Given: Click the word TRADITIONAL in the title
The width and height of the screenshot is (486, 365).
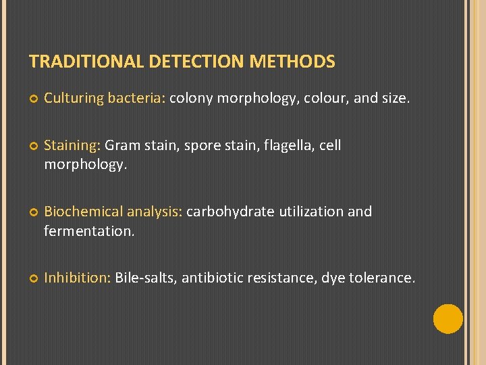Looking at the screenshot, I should [x=86, y=62].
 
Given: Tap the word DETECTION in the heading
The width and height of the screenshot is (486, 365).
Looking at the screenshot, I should [x=197, y=62].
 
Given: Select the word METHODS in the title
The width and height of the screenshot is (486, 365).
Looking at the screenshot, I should [x=292, y=62].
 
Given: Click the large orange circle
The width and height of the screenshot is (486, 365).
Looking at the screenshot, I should [x=448, y=319].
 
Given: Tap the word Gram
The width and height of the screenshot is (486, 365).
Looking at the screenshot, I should [x=122, y=145].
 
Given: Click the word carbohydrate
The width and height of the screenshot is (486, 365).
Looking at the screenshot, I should [x=230, y=212].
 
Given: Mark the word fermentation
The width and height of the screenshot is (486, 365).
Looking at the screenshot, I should [x=89, y=231].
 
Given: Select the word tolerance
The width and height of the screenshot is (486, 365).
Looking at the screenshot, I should [x=381, y=277].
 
